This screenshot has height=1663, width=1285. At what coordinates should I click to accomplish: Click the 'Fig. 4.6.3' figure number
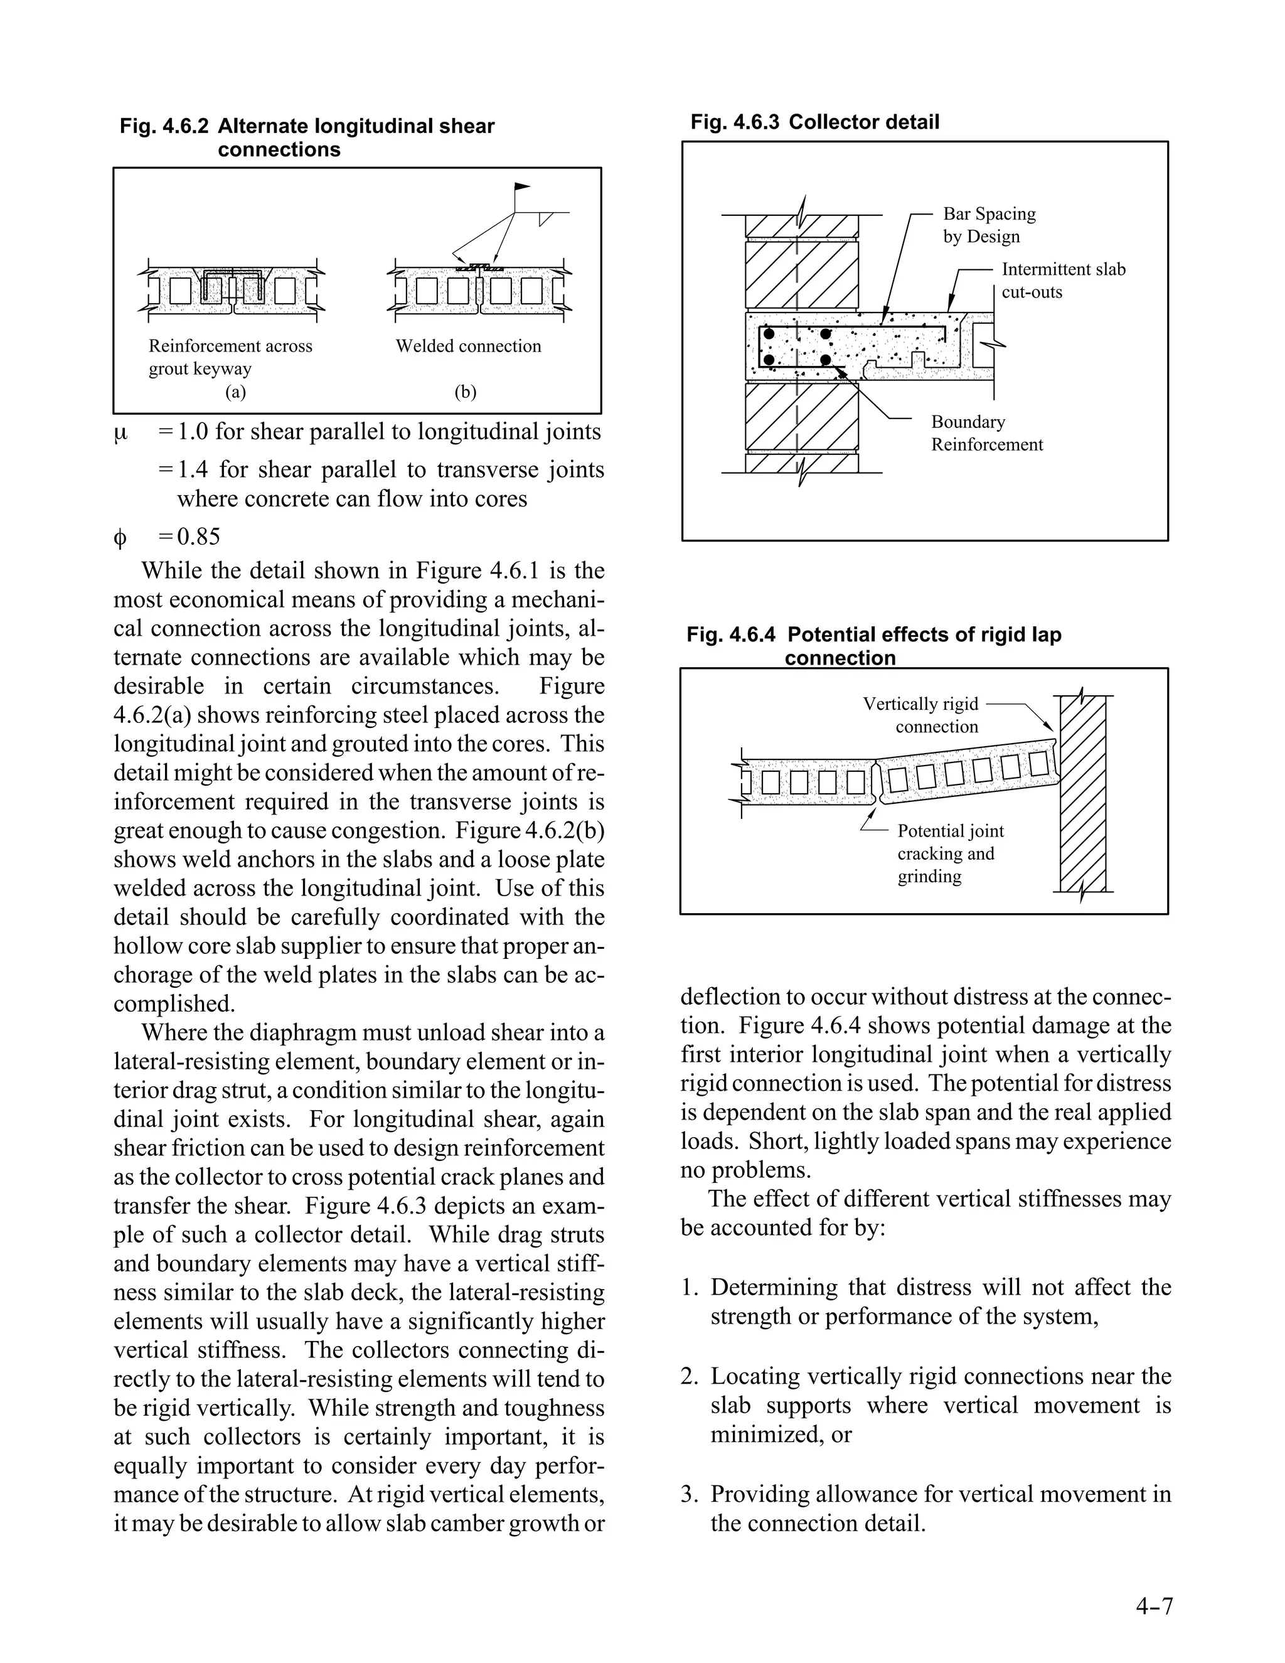(x=734, y=122)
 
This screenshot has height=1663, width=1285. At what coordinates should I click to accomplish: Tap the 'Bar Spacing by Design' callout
(x=989, y=225)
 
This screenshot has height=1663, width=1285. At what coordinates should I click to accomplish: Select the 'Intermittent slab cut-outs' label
(x=1063, y=281)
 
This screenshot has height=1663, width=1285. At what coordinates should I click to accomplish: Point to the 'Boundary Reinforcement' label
(x=986, y=432)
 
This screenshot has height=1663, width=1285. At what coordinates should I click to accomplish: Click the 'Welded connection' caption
(x=467, y=346)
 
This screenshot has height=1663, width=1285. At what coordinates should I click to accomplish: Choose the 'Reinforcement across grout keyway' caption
(x=230, y=357)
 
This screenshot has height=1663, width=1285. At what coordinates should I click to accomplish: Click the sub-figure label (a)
(x=235, y=392)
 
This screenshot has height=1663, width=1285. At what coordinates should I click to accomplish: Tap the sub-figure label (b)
(x=465, y=392)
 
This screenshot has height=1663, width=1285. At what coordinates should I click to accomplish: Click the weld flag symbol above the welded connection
(x=521, y=186)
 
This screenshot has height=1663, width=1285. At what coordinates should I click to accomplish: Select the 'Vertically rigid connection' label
(x=920, y=714)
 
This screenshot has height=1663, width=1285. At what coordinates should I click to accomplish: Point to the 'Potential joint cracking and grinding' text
(x=950, y=853)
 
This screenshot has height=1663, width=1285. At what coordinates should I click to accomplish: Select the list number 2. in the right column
(x=689, y=1377)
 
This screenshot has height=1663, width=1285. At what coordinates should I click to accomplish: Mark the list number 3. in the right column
(x=689, y=1495)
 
